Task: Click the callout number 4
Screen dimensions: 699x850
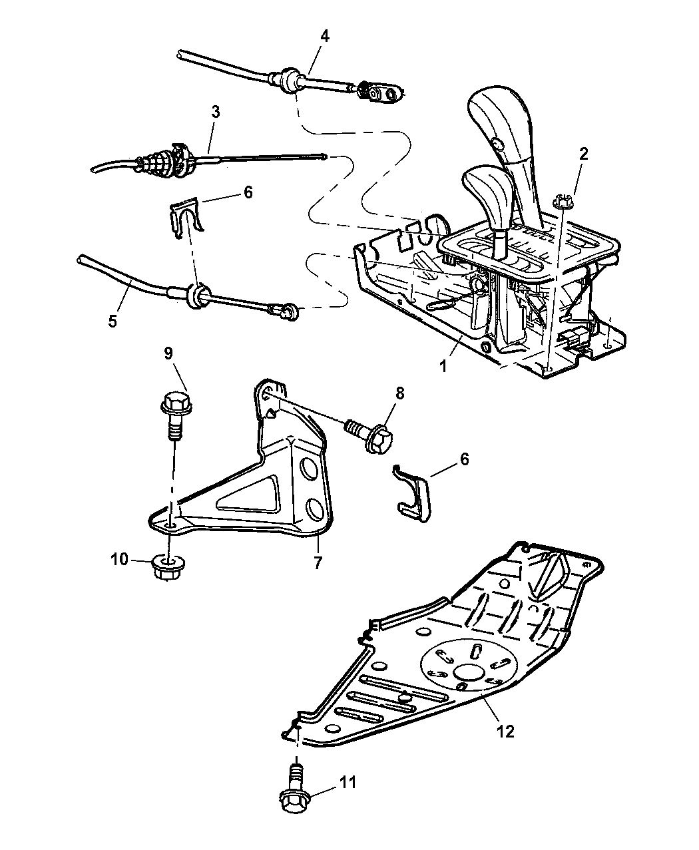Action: [324, 36]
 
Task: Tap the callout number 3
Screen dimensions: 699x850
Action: [216, 112]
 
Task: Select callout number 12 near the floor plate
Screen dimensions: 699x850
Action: [506, 731]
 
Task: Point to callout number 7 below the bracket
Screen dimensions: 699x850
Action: [318, 563]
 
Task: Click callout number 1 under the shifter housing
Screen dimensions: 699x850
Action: [443, 367]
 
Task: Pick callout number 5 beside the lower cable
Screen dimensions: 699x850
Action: [113, 321]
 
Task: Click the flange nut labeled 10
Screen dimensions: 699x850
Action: [167, 567]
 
